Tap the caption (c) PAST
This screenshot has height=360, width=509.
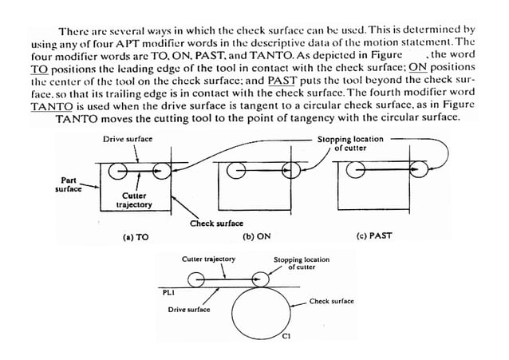[x=375, y=237]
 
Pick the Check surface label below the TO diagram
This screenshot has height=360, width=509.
[x=216, y=224]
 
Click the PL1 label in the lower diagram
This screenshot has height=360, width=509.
[x=168, y=293]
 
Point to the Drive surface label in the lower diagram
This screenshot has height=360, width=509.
[x=189, y=309]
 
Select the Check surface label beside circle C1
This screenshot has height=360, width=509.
[x=331, y=301]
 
